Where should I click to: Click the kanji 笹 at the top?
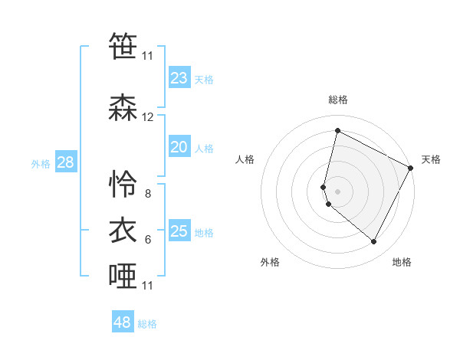point(123,46)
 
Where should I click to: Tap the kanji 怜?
point(123,183)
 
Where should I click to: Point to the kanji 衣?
point(123,230)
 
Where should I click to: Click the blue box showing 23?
point(179,78)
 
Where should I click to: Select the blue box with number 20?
point(179,148)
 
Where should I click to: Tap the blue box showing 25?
point(179,232)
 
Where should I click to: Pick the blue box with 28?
point(65,162)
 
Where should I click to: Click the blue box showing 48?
point(123,322)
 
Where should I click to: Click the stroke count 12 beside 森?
point(148,117)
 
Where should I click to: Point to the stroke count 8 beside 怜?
point(148,194)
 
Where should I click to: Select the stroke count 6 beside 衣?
point(148,240)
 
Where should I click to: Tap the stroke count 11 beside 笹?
point(148,56)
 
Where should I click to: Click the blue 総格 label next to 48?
point(147,324)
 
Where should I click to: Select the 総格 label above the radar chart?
point(338,100)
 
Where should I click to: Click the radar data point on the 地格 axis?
point(374,242)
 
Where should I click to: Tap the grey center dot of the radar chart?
point(338,191)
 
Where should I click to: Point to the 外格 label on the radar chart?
point(270,263)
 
